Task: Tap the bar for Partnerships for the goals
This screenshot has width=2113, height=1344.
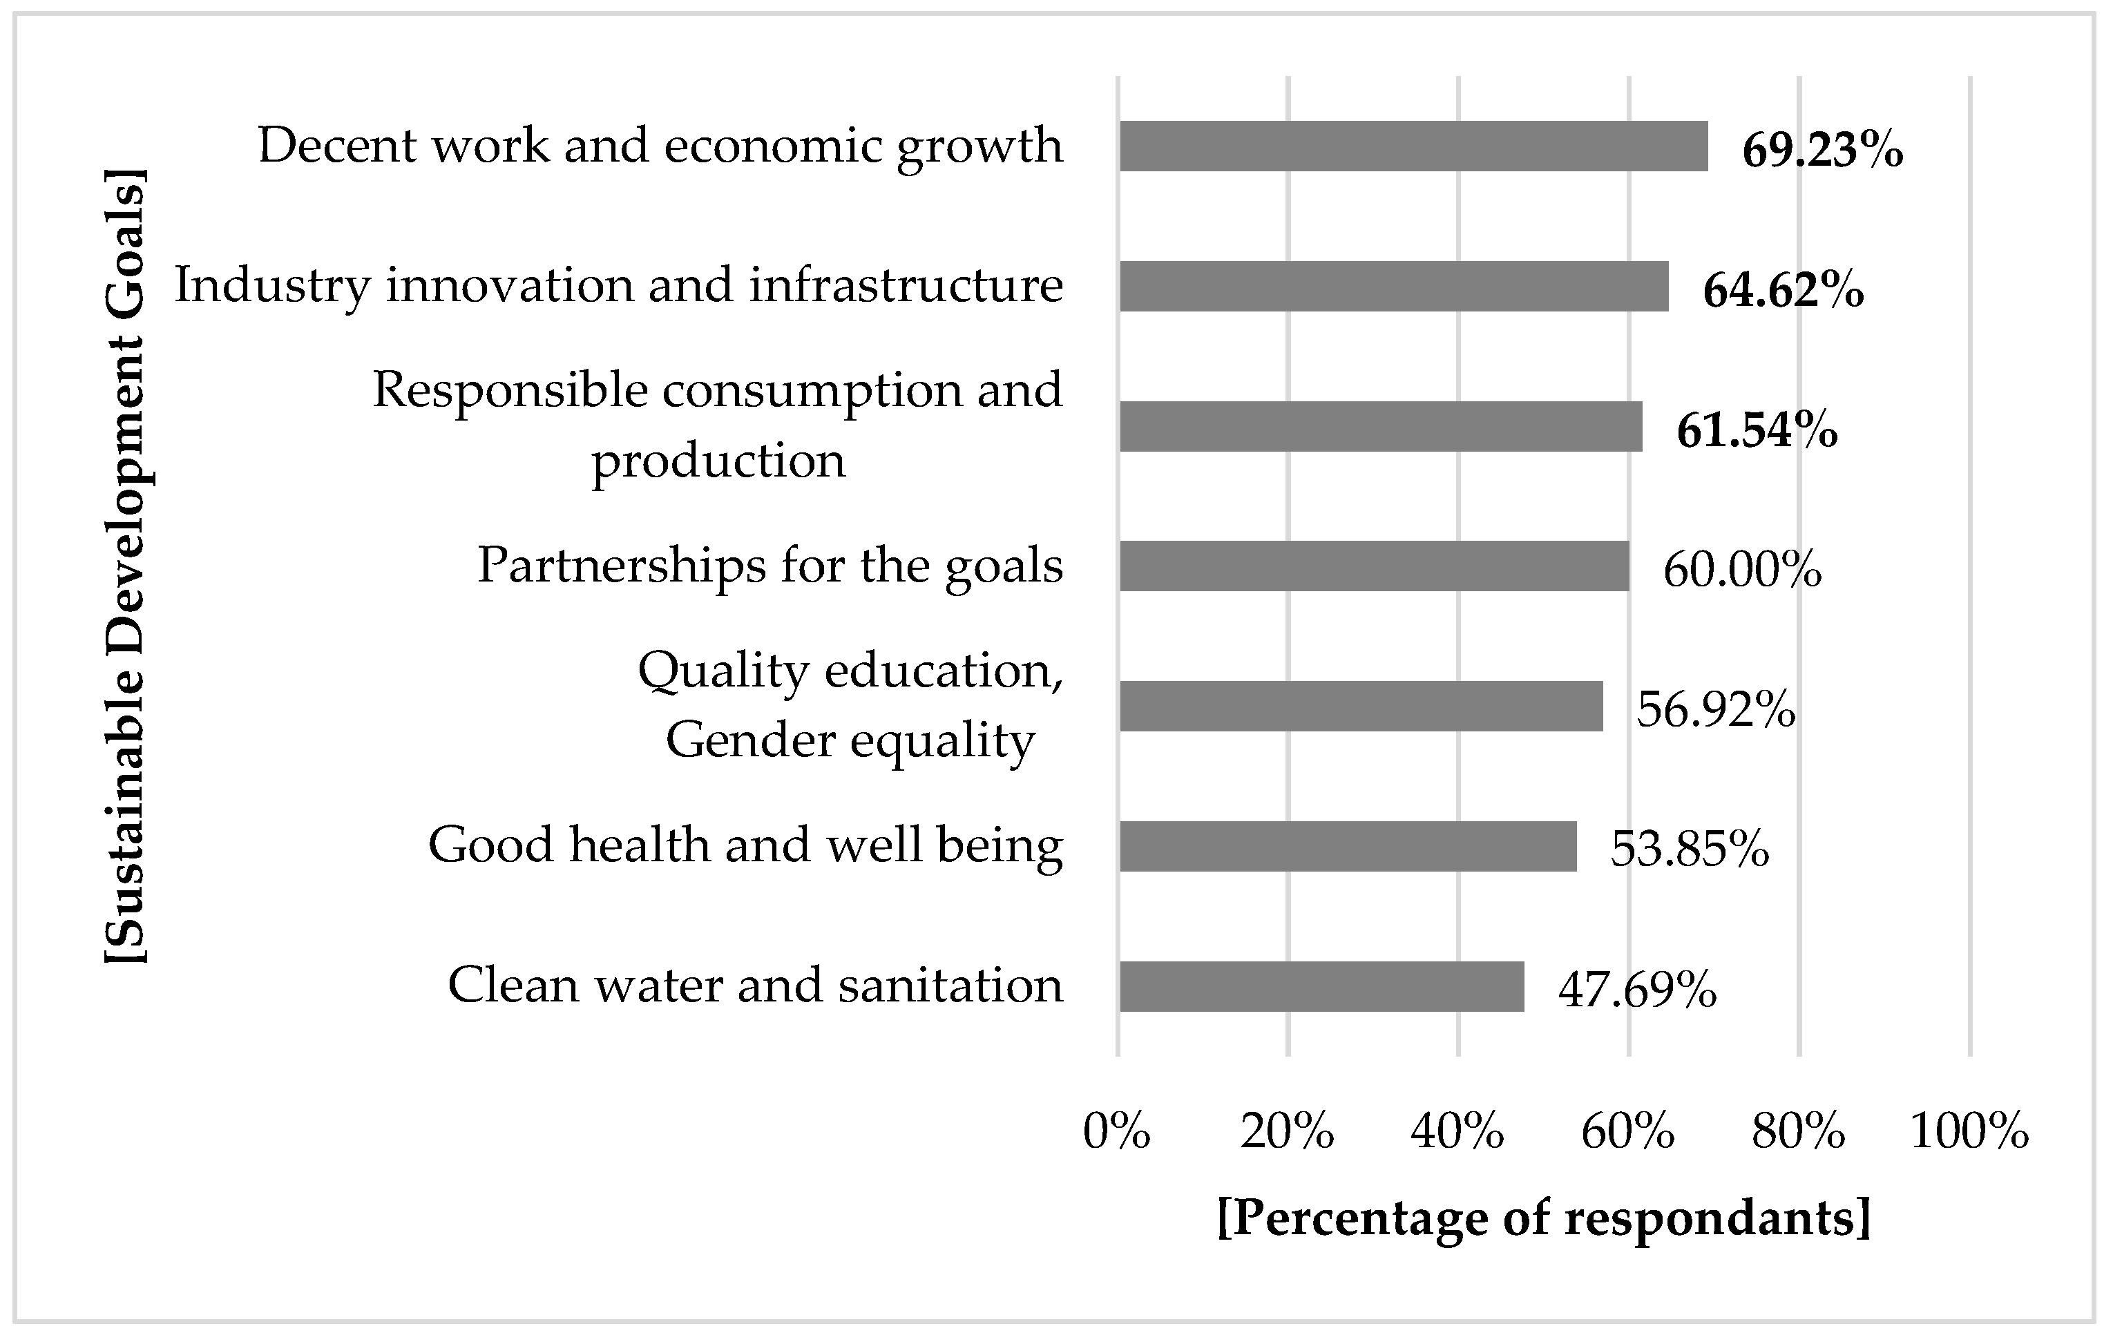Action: pyautogui.click(x=1373, y=566)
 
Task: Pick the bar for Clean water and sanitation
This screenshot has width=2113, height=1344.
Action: pyautogui.click(x=1321, y=986)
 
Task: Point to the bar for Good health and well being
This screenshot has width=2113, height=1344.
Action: pyautogui.click(x=1347, y=846)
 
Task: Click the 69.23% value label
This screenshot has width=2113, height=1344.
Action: pyautogui.click(x=1823, y=150)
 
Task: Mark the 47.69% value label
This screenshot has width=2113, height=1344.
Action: pyautogui.click(x=1637, y=990)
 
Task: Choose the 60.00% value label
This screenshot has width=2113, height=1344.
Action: pyautogui.click(x=1742, y=570)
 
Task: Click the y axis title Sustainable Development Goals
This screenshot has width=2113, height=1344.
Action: pyautogui.click(x=126, y=566)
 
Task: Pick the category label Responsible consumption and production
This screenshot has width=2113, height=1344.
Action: pyautogui.click(x=717, y=425)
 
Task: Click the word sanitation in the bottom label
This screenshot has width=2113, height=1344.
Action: pyautogui.click(x=950, y=985)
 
